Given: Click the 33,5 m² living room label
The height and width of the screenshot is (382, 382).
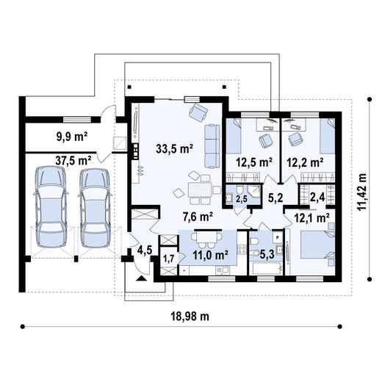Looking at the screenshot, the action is (175, 148).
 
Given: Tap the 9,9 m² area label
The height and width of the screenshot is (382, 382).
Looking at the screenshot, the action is (72, 137).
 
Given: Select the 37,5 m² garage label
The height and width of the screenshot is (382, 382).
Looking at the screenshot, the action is (73, 161).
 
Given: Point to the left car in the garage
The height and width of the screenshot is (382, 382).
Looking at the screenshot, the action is (51, 207).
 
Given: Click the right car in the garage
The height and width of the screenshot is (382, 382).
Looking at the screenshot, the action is (95, 208).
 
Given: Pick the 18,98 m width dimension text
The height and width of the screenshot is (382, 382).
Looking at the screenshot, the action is (190, 317).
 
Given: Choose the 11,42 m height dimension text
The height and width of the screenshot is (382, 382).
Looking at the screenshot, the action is (361, 192).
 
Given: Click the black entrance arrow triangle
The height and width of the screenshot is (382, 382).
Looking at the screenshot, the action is (142, 278).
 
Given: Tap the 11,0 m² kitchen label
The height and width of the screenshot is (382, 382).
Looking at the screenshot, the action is (211, 255).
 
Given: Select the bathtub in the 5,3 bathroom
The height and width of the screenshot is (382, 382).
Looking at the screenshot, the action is (266, 269).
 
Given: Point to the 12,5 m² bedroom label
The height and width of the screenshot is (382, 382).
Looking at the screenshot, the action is (254, 162).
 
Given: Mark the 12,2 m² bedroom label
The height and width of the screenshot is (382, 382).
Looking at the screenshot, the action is (305, 162).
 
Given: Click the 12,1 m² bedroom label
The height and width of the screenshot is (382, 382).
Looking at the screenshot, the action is (311, 217).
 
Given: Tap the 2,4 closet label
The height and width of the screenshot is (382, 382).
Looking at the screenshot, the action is (317, 197).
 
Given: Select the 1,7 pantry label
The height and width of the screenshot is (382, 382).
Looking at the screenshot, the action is (169, 259).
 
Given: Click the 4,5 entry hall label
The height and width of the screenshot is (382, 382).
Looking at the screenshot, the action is (145, 251).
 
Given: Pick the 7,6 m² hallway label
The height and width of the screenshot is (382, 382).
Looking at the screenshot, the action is (198, 217).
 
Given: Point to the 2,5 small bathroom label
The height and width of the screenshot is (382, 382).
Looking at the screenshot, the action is (242, 198).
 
